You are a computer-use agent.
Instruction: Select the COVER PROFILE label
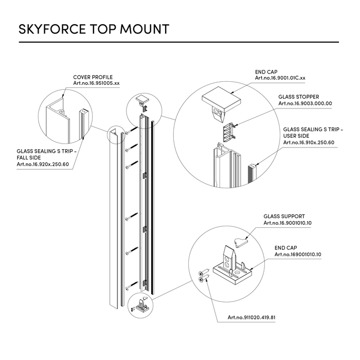tap(93, 77)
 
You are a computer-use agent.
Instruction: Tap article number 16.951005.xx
tap(96, 83)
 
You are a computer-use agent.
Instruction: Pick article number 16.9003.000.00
tap(305, 103)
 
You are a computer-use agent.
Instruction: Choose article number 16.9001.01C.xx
tap(280, 78)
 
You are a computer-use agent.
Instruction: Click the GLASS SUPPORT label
tap(284, 217)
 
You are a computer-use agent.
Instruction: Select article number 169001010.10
tap(298, 254)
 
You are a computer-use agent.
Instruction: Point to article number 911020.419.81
tap(251, 317)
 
